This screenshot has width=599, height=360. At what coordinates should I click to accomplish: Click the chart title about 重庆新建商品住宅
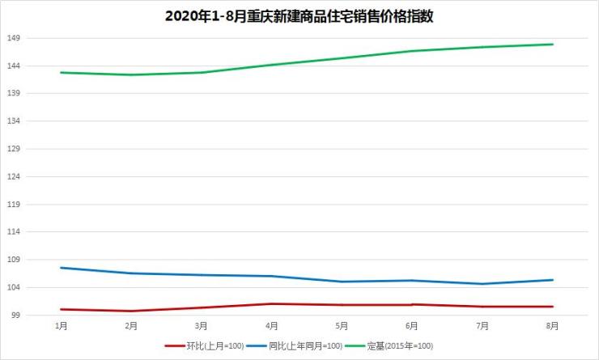pyautogui.click(x=299, y=16)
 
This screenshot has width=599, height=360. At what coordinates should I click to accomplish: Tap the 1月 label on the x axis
pyautogui.click(x=61, y=326)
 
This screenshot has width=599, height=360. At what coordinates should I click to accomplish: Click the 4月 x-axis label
pyautogui.click(x=271, y=326)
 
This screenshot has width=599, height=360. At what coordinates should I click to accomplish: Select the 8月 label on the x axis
pyautogui.click(x=553, y=326)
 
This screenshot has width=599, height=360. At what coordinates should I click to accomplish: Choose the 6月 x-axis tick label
pyautogui.click(x=412, y=326)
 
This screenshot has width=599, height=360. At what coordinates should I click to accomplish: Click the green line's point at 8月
pyautogui.click(x=553, y=44)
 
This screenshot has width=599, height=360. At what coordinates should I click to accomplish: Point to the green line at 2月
pyautogui.click(x=131, y=75)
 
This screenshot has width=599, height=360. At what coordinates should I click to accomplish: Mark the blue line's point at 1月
pyautogui.click(x=61, y=268)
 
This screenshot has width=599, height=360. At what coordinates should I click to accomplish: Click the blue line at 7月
pyautogui.click(x=482, y=284)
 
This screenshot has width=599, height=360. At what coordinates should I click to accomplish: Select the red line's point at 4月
pyautogui.click(x=271, y=303)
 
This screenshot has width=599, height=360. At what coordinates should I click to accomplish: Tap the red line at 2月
pyautogui.click(x=131, y=311)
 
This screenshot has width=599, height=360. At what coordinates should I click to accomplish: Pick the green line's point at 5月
pyautogui.click(x=342, y=58)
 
